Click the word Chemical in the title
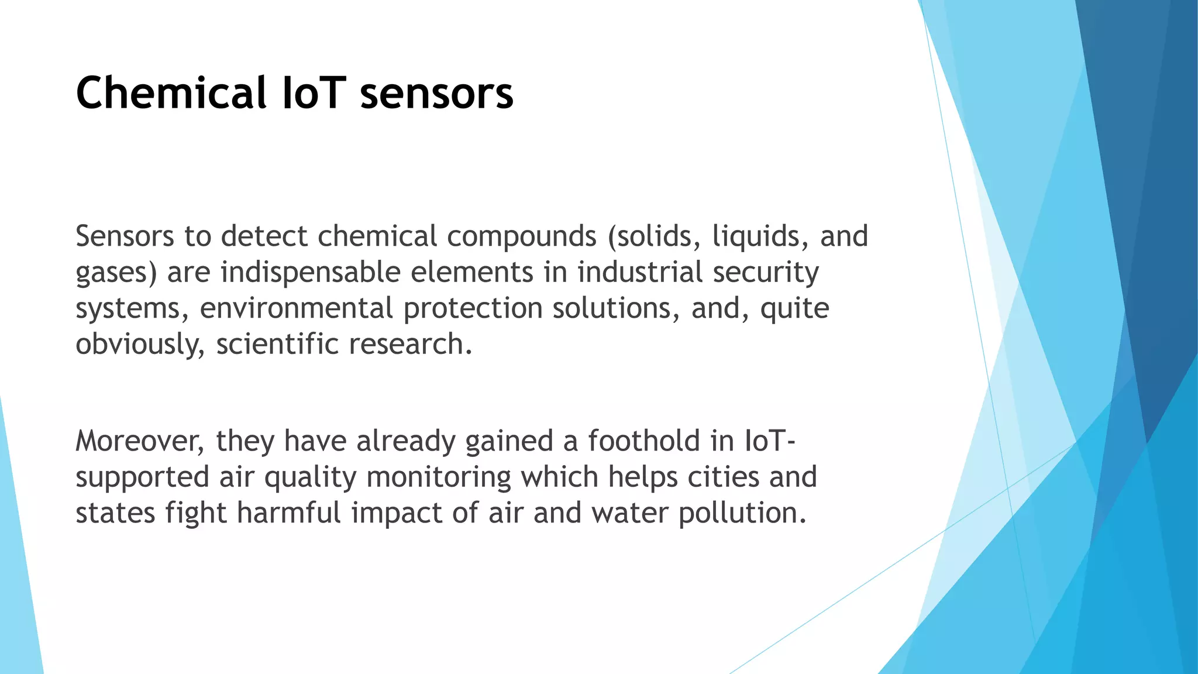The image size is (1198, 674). pyautogui.click(x=171, y=92)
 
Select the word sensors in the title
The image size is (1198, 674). pyautogui.click(x=436, y=94)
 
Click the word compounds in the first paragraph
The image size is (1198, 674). pyautogui.click(x=522, y=237)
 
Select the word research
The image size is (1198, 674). pyautogui.click(x=410, y=345)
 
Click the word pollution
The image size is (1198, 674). pyautogui.click(x=742, y=513)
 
